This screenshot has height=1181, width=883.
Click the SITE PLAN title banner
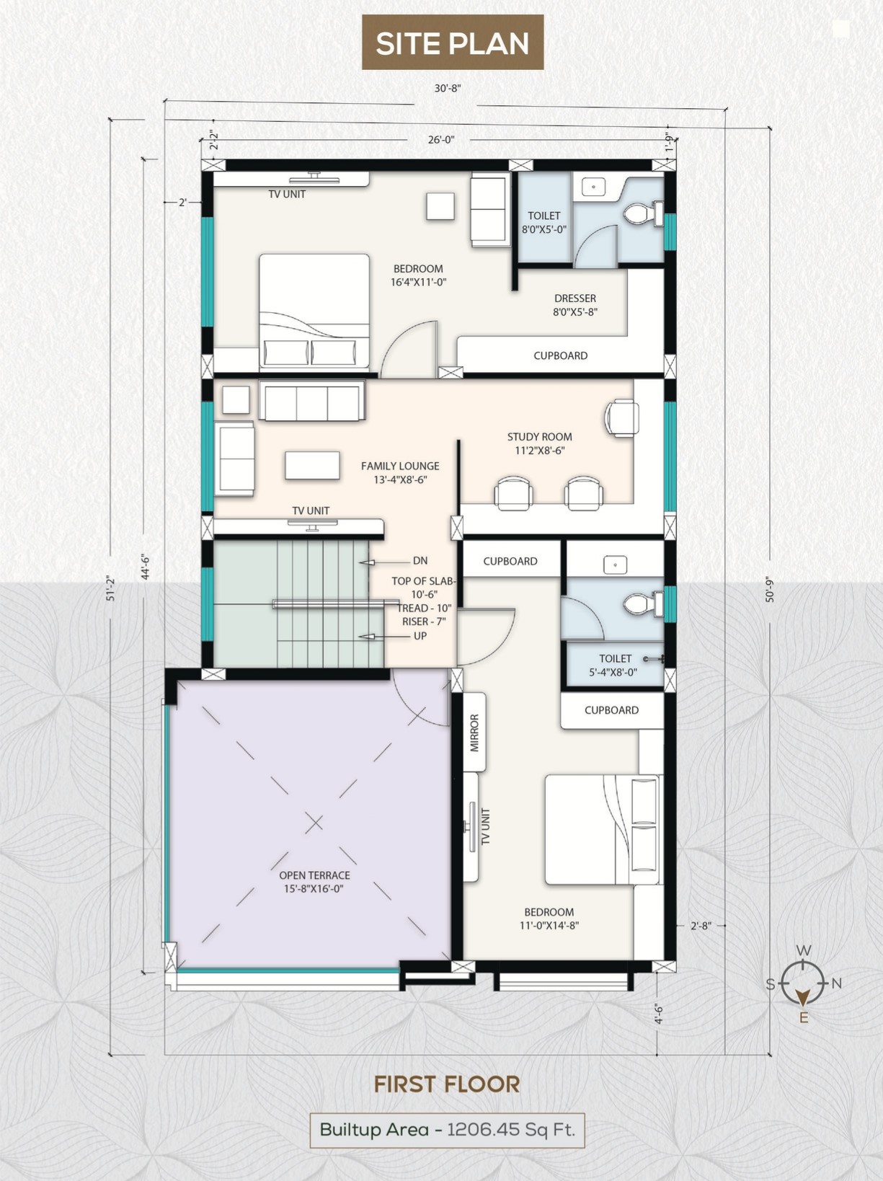point(452,43)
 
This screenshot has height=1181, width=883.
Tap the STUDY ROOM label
point(539,436)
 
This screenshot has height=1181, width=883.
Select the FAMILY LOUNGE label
point(400,466)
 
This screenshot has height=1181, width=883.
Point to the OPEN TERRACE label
point(314,875)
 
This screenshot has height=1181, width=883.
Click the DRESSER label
point(575,298)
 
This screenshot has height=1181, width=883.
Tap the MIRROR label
point(474,733)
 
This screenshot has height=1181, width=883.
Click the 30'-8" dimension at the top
point(448,88)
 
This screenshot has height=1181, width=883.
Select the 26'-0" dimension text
point(441,140)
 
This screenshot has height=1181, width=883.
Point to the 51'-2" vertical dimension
point(111,585)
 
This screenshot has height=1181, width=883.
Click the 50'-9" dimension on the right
point(770,589)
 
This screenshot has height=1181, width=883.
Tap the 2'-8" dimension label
point(701,926)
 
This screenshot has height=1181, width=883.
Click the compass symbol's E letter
point(804,1017)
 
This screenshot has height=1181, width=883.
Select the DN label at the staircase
point(420,561)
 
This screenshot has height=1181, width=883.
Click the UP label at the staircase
point(420,636)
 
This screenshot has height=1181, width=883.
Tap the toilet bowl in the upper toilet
point(644,213)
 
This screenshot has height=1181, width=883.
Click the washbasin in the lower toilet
point(615,565)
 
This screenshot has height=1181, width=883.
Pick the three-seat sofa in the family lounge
point(312,400)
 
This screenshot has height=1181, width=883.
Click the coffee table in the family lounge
point(312,465)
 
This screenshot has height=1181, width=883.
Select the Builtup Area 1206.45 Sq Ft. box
point(447,1129)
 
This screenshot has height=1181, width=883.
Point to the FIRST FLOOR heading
point(447,1084)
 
